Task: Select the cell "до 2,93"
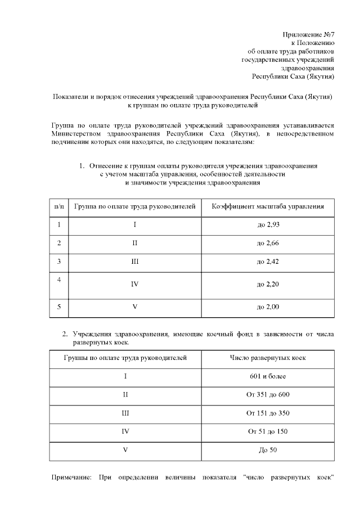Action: coord(268,225)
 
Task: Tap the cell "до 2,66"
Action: coord(268,243)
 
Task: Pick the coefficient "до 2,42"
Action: coord(268,262)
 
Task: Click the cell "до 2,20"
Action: coord(268,284)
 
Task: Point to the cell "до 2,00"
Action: coord(268,307)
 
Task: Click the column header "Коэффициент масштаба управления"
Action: coord(268,206)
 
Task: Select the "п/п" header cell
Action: coord(59,206)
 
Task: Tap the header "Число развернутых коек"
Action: coord(268,358)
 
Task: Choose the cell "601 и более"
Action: coord(268,376)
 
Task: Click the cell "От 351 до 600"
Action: coord(268,394)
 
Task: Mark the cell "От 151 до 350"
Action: coord(268,413)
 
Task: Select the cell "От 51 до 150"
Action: coord(268,431)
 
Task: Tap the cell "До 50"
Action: coord(268,450)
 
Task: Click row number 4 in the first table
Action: coord(59,280)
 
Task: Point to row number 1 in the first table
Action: coord(59,225)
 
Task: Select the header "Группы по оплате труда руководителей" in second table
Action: coord(125,358)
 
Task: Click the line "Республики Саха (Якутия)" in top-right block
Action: coord(293,75)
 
